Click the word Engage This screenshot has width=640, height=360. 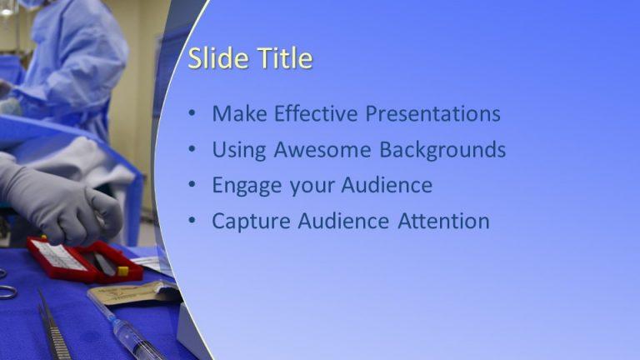pyautogui.click(x=247, y=185)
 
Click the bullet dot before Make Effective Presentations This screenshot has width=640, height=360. pyautogui.click(x=192, y=114)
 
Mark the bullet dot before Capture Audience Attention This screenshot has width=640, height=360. pyautogui.click(x=192, y=222)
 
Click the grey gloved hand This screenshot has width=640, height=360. pyautogui.click(x=58, y=200)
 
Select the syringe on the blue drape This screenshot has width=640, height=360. pyautogui.click(x=125, y=329)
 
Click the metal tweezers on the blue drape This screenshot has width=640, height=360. pyautogui.click(x=52, y=325)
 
